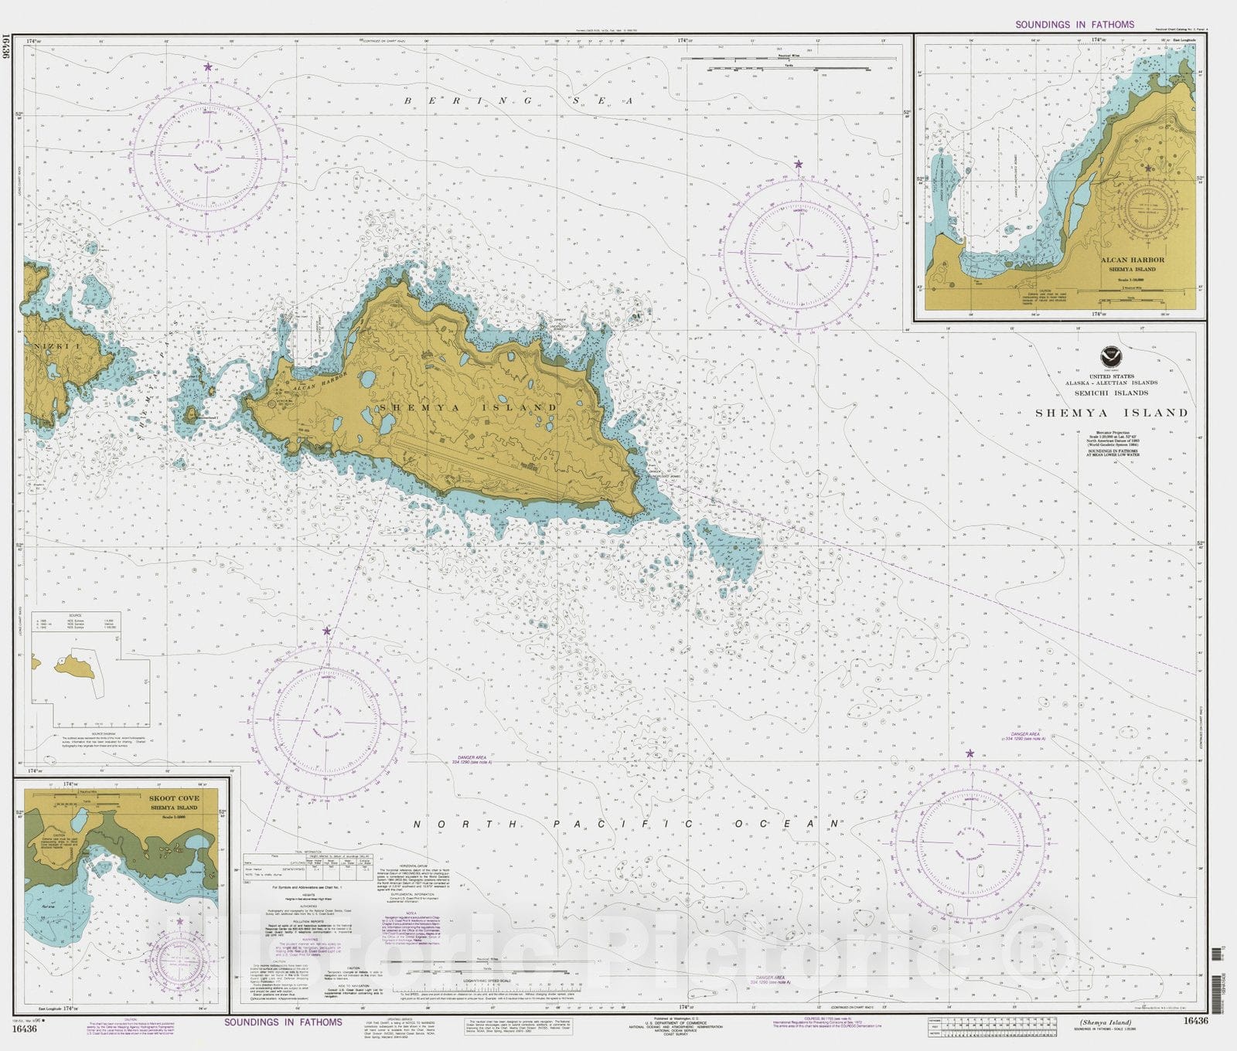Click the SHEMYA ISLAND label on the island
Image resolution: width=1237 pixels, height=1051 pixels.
467,407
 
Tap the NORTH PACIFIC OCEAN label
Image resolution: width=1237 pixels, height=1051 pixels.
626,825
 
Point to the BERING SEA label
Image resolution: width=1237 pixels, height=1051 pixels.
519,101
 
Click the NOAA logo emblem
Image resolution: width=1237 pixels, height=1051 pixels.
1111,358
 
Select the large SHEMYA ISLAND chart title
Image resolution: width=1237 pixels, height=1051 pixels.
1111,413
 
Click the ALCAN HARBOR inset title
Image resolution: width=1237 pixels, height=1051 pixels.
1132,260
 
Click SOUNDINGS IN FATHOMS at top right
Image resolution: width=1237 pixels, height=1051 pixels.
1074,25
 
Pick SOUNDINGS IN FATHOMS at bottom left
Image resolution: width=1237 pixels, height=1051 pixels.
283,1022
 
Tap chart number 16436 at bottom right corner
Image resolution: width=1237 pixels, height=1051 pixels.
1194,1021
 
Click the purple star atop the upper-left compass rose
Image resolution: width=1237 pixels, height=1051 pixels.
207,67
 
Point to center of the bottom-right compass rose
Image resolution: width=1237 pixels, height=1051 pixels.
969,844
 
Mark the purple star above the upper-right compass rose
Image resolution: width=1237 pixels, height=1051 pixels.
799,164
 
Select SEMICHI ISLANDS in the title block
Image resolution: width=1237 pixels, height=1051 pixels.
1111,393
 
